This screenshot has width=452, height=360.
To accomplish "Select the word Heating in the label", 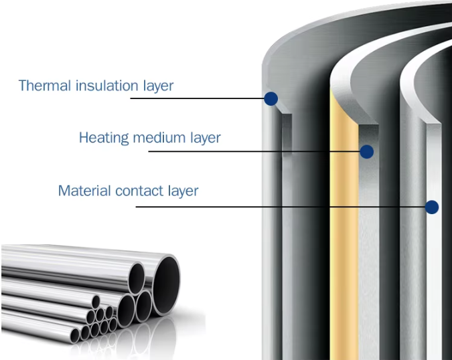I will pos(103,139).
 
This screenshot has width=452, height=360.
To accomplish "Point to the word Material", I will pos(84,191).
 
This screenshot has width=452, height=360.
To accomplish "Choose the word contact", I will pos(140,191).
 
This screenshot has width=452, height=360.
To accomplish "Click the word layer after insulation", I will pos(158,86).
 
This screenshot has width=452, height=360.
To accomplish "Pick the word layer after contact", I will pos(183,191).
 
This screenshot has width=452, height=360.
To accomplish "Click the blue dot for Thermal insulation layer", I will pos(271,99).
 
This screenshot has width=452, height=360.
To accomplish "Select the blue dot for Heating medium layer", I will pos(366,152).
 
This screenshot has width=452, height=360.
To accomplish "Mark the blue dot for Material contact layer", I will pos(432,207).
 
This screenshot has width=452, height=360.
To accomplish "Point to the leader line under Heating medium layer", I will pos(254,151).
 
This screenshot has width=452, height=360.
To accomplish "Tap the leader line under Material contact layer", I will pos(281,206).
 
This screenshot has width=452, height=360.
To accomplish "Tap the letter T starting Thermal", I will pos(23,86).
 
